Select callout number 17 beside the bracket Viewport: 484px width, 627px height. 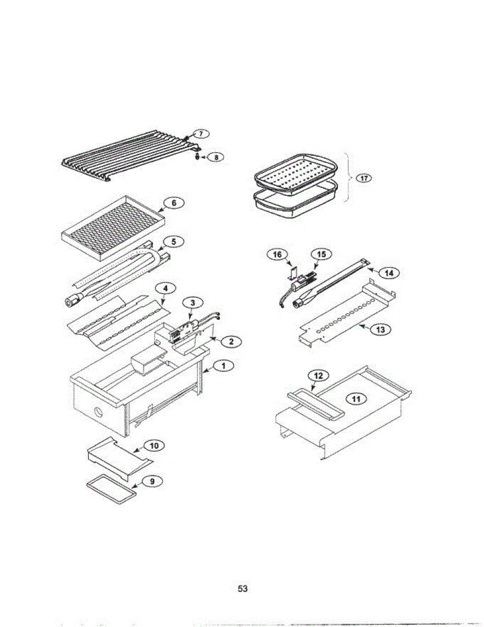click(363, 178)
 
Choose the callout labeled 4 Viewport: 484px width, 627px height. click(166, 288)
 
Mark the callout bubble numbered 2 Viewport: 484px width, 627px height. click(231, 341)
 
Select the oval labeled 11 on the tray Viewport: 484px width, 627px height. click(356, 399)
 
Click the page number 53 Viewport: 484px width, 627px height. click(242, 589)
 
